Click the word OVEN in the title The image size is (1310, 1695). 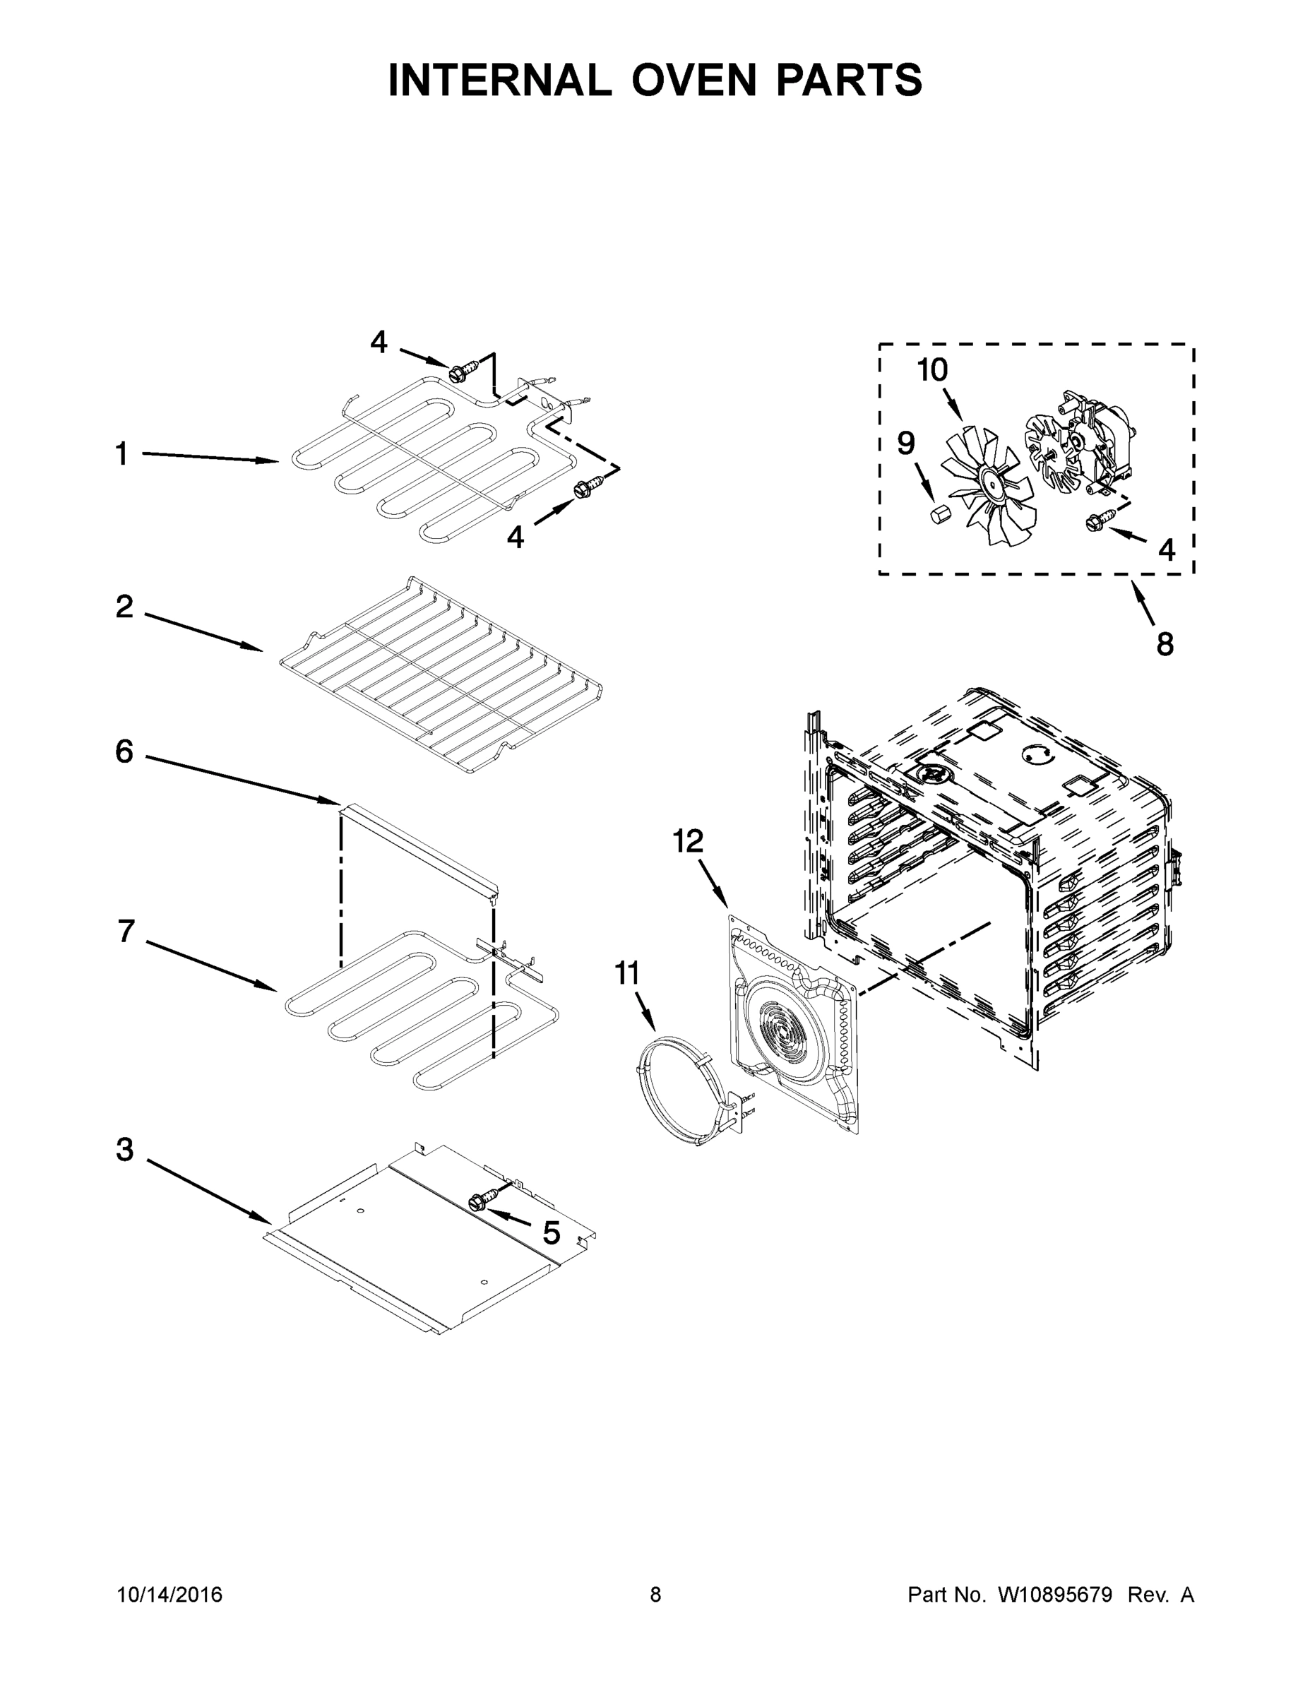point(693,80)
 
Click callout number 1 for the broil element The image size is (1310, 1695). point(122,454)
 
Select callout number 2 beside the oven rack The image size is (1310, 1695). point(124,607)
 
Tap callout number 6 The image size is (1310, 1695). point(124,751)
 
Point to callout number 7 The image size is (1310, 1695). point(126,932)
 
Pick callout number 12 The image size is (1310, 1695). point(688,840)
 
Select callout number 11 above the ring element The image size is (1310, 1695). point(626,973)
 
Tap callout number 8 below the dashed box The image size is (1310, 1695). point(1165,644)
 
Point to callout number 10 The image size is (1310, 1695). point(932,370)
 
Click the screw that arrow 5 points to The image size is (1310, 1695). point(479,1202)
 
